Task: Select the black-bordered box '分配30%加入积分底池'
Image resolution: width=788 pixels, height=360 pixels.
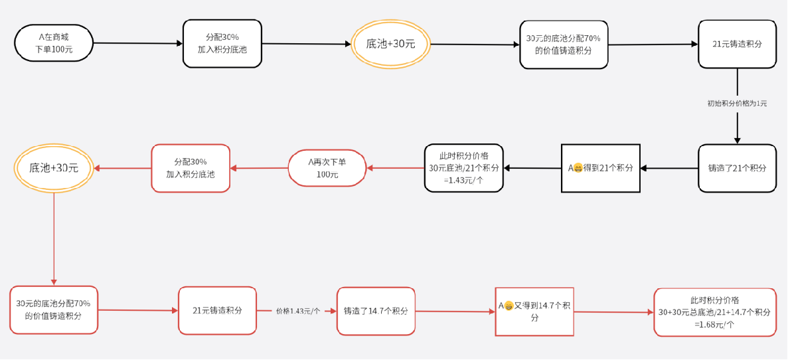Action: click(x=222, y=44)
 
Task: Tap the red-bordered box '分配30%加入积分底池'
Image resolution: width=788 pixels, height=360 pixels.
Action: click(x=191, y=168)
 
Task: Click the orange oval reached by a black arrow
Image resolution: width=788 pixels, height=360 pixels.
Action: click(x=390, y=44)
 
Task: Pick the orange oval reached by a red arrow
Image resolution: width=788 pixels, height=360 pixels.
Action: click(x=54, y=167)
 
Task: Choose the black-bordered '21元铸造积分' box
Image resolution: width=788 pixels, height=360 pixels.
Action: click(x=738, y=44)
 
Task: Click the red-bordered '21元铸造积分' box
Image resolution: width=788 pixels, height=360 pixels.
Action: click(x=218, y=311)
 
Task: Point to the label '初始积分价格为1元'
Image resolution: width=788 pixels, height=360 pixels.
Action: click(x=738, y=103)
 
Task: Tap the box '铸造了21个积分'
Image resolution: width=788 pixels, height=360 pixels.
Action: click(x=738, y=168)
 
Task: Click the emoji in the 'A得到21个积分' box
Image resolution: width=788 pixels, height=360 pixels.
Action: click(x=578, y=168)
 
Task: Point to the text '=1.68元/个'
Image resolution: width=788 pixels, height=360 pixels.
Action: click(x=714, y=324)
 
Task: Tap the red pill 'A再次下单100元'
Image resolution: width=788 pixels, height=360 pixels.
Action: click(x=327, y=168)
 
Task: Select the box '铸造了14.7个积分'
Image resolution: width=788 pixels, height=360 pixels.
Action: click(x=376, y=311)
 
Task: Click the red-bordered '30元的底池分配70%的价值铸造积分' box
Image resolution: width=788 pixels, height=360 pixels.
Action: click(x=53, y=310)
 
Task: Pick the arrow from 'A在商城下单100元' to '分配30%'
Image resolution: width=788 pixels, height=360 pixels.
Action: click(x=138, y=44)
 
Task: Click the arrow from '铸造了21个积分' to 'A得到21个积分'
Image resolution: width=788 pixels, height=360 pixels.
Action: click(x=669, y=168)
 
